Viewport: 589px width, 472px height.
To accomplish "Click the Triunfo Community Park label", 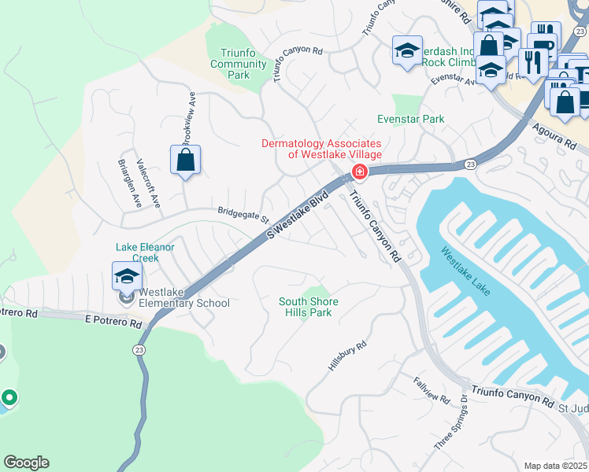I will click(x=239, y=64).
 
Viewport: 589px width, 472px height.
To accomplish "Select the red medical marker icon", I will click(x=360, y=171).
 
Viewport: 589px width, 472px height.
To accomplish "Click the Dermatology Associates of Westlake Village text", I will click(x=323, y=149).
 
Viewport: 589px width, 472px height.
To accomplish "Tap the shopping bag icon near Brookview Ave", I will click(x=185, y=160).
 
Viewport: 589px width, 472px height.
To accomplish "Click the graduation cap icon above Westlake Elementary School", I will click(x=126, y=277).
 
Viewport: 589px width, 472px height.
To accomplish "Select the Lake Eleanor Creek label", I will click(x=145, y=252).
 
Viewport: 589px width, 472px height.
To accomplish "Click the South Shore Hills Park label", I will click(x=309, y=307).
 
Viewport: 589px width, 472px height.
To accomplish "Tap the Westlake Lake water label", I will click(x=465, y=271).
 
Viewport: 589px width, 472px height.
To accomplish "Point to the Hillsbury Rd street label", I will click(x=348, y=356).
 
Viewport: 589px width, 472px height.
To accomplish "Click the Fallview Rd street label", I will click(x=431, y=390).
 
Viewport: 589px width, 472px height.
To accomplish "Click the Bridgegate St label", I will click(x=244, y=214).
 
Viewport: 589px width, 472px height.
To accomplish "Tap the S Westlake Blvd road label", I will click(x=298, y=213).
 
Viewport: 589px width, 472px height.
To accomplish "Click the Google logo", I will click(x=26, y=463).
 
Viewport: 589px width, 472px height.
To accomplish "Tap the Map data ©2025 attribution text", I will click(x=556, y=466).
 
